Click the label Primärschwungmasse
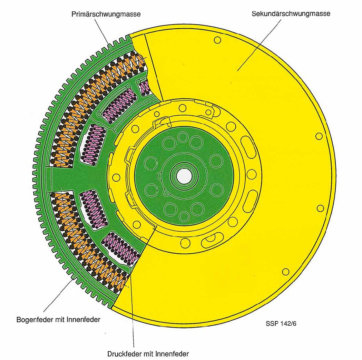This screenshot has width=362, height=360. point(106,14)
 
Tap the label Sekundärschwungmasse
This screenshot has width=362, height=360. point(291,14)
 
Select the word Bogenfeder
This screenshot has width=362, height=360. point(32,319)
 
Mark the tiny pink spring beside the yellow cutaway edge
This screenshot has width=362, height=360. point(144,87)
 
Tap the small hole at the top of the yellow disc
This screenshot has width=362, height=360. point(217,40)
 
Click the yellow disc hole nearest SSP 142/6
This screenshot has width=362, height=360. point(285,272)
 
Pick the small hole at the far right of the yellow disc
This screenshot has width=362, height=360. point(320,208)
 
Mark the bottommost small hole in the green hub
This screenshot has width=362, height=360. point(185,217)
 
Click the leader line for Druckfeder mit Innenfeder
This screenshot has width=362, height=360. point(132,311)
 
